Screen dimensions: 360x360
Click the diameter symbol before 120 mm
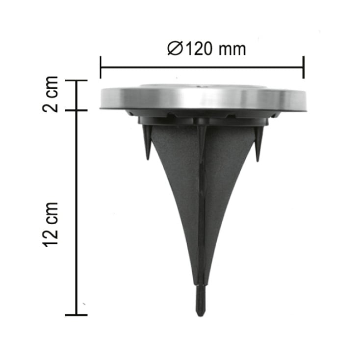coord(175,49)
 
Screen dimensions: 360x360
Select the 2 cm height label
coord(51,94)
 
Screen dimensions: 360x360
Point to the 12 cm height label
coord(51,224)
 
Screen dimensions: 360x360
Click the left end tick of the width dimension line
coord(101,67)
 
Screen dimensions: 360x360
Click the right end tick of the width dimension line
coord(304,67)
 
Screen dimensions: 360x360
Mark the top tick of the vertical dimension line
coord(77,80)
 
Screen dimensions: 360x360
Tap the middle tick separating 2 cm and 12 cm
coord(77,110)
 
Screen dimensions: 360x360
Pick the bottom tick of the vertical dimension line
coord(77,314)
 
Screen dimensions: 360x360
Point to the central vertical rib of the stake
coord(201,206)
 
